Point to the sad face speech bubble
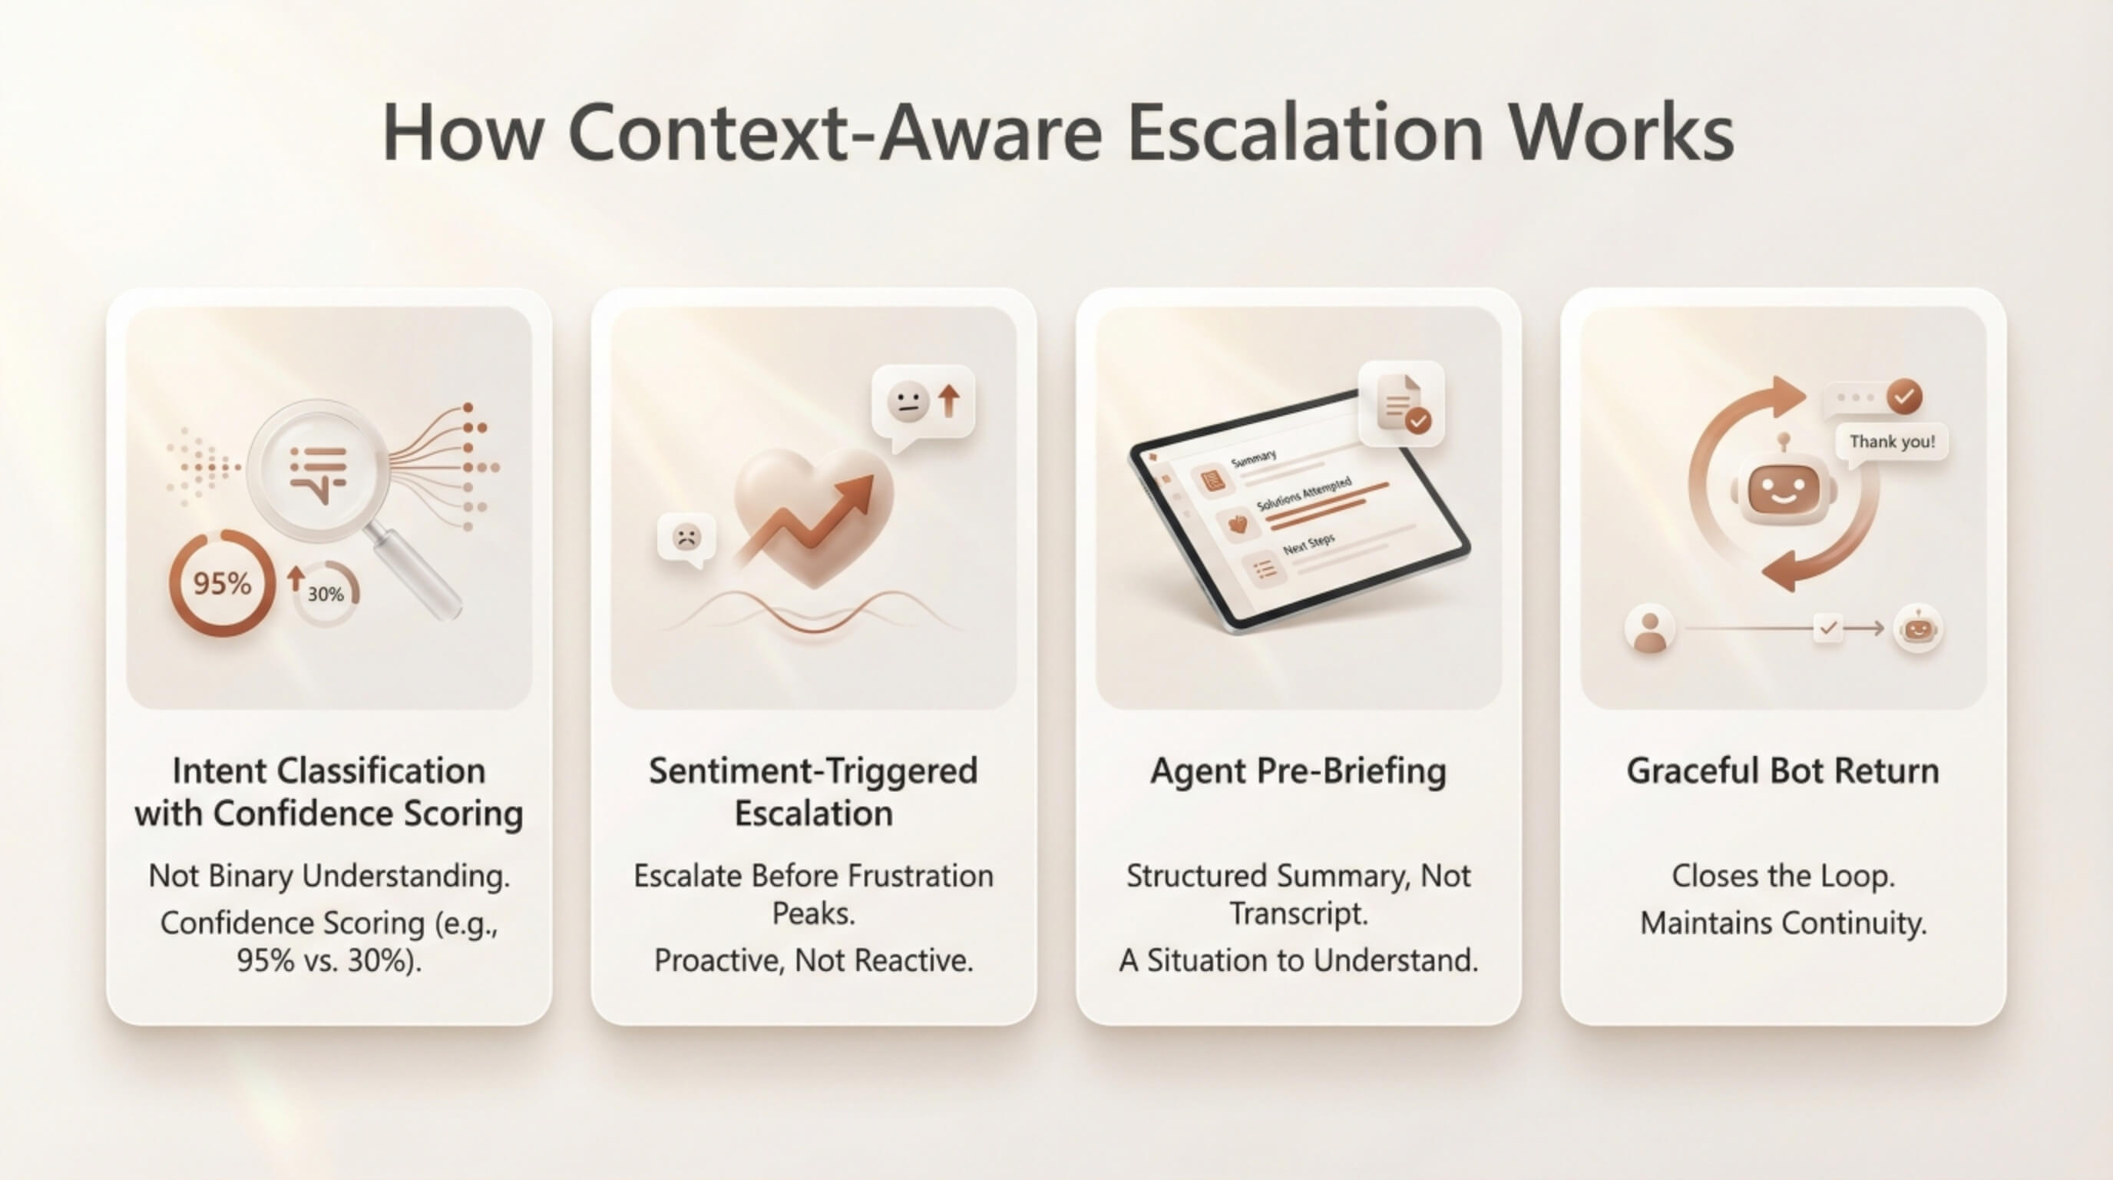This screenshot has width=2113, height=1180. tap(686, 540)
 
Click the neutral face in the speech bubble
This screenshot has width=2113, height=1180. tap(908, 402)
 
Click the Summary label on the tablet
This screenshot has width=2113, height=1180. tap(1253, 459)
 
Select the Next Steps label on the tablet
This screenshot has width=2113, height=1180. tap(1309, 544)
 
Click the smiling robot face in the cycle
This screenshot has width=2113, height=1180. tap(1782, 489)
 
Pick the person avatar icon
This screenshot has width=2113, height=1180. tap(1649, 629)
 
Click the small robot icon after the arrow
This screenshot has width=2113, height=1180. tap(1918, 629)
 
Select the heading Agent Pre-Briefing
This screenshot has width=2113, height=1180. tap(1298, 772)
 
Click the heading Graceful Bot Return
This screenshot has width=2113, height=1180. tap(1784, 771)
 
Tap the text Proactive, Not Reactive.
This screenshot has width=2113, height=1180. tap(814, 960)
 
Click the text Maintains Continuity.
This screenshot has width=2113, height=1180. tap(1784, 924)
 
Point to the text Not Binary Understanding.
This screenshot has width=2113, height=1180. tap(329, 877)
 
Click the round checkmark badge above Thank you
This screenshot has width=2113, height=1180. tap(1904, 397)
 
